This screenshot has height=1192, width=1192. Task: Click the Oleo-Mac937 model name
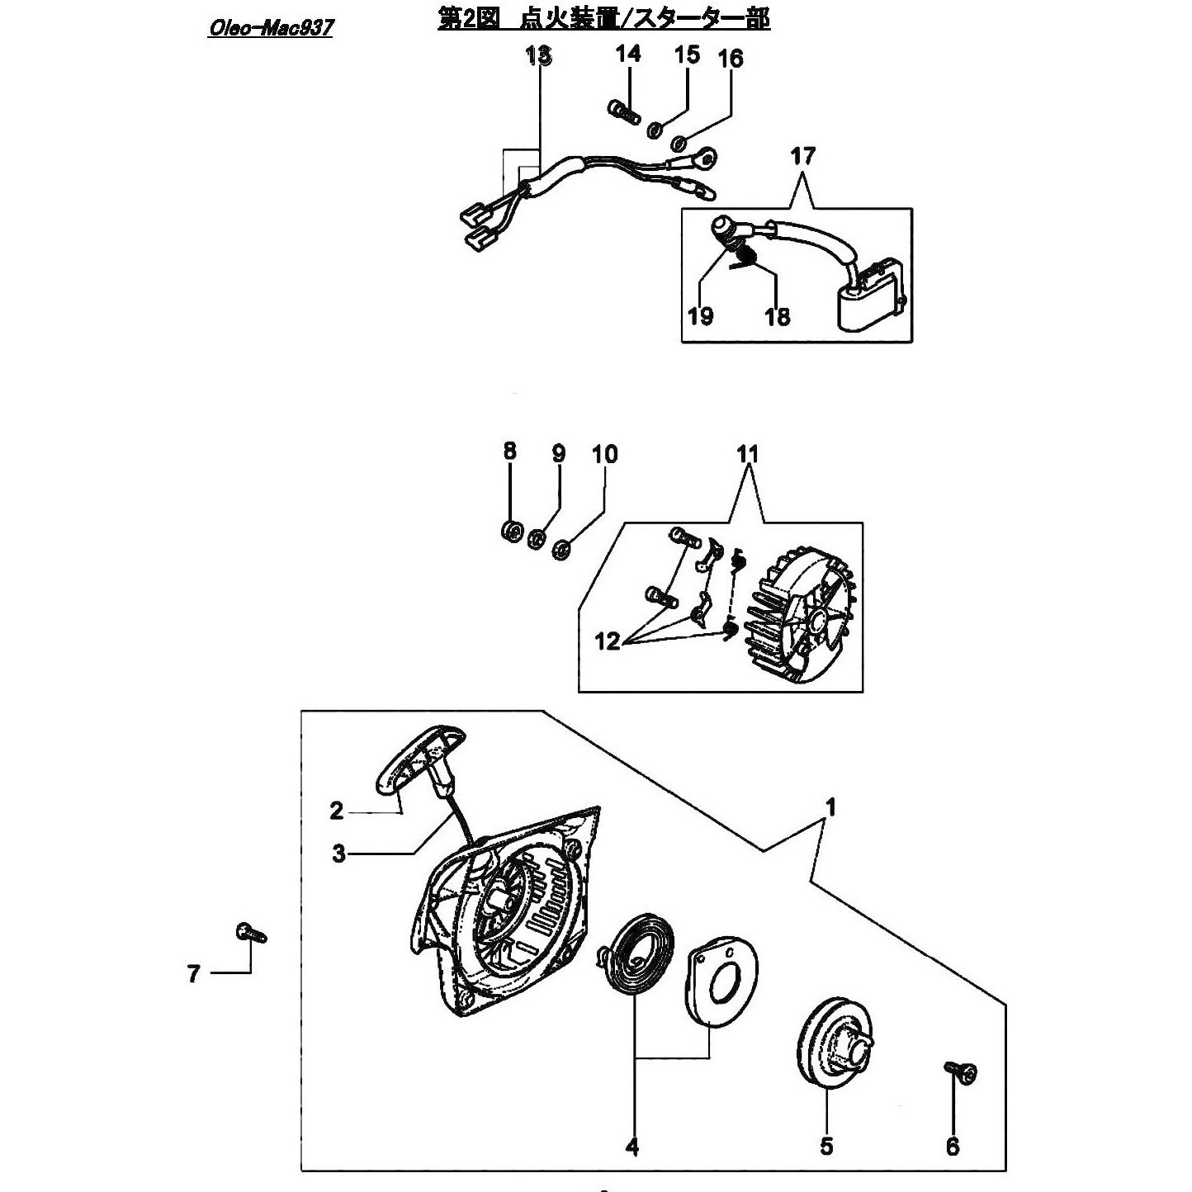pos(270,28)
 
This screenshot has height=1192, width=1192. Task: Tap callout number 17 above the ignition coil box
pos(803,155)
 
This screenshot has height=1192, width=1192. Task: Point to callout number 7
pos(194,974)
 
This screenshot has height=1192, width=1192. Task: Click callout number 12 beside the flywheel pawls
pos(607,641)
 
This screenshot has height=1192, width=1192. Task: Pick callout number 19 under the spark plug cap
pos(701,316)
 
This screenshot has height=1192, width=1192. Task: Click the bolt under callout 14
pos(621,112)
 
